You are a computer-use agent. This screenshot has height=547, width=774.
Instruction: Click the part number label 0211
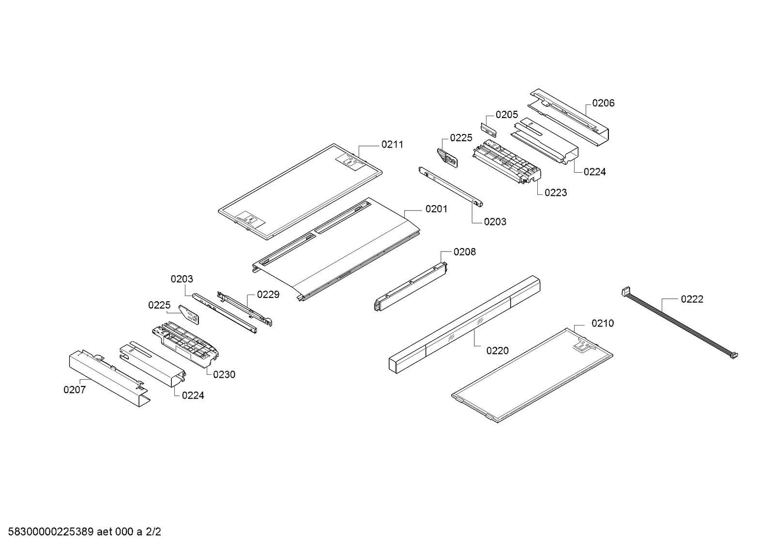point(392,144)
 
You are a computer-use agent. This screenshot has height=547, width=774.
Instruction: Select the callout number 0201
point(436,209)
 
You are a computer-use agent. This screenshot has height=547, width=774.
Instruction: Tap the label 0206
point(603,103)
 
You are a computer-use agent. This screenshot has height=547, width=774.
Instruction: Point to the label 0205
point(506,115)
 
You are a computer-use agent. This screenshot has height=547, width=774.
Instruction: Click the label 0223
point(555,192)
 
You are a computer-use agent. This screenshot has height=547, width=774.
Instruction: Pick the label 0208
point(464,251)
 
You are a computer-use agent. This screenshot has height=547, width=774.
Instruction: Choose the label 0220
point(497,351)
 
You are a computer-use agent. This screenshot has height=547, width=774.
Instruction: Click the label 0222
point(692,299)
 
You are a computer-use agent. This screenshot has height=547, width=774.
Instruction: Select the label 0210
point(602,323)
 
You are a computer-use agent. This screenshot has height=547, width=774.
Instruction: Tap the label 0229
point(268,294)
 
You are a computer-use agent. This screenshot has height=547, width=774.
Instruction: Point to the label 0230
point(224,374)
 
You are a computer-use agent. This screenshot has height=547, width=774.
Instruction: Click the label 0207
point(75,389)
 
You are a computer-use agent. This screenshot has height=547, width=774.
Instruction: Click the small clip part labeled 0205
point(488,130)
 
